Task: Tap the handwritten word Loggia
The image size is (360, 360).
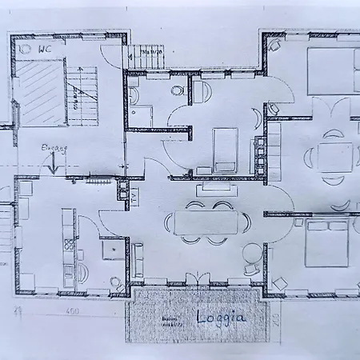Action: point(221,317)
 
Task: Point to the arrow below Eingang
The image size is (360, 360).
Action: point(52,164)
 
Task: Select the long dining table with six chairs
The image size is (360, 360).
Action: point(205,222)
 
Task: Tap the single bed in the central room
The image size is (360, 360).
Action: point(225,150)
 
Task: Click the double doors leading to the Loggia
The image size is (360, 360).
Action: point(197,281)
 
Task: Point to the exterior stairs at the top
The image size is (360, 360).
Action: point(146,56)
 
